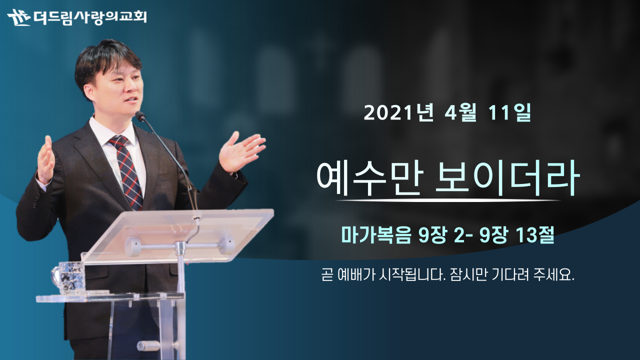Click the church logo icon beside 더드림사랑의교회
point(19,17)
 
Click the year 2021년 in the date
point(398,113)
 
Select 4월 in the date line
point(460,113)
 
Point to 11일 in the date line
point(509,113)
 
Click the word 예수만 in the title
point(369,178)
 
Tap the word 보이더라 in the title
point(507,178)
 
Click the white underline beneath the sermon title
point(448,200)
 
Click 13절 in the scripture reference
point(535,235)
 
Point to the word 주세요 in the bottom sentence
point(553,275)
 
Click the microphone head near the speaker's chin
point(140,115)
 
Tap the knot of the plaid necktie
point(119,142)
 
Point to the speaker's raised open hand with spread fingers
point(241,152)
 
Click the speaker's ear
point(89,93)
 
